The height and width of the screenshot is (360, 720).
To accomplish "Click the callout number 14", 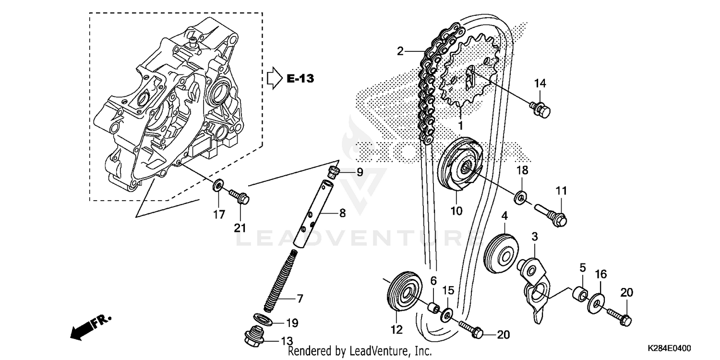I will coord(540,84).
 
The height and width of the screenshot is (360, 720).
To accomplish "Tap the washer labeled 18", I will coord(520,197).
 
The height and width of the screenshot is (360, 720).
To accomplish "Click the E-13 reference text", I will coord(300,79).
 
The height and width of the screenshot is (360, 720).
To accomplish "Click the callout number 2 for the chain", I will coord(400,51).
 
